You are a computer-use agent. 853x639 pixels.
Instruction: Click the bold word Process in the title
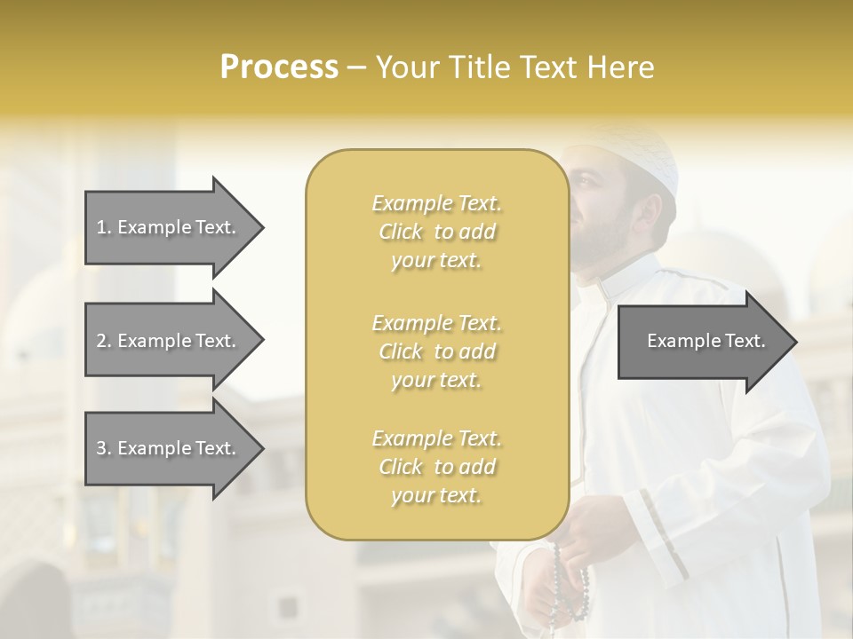[x=279, y=67]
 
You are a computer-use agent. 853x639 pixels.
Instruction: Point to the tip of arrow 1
[x=262, y=228]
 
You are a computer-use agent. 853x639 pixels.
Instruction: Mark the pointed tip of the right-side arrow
[x=795, y=342]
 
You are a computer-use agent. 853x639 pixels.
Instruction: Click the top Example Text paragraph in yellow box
[x=436, y=232]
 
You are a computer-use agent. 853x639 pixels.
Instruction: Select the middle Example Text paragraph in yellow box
[x=436, y=351]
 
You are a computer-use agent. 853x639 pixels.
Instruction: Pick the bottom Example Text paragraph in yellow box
[x=436, y=467]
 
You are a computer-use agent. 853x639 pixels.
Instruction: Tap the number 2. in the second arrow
[x=104, y=341]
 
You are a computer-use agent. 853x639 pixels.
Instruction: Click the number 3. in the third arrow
[x=104, y=448]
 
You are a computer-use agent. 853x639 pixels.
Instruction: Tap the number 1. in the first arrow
[x=104, y=227]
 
